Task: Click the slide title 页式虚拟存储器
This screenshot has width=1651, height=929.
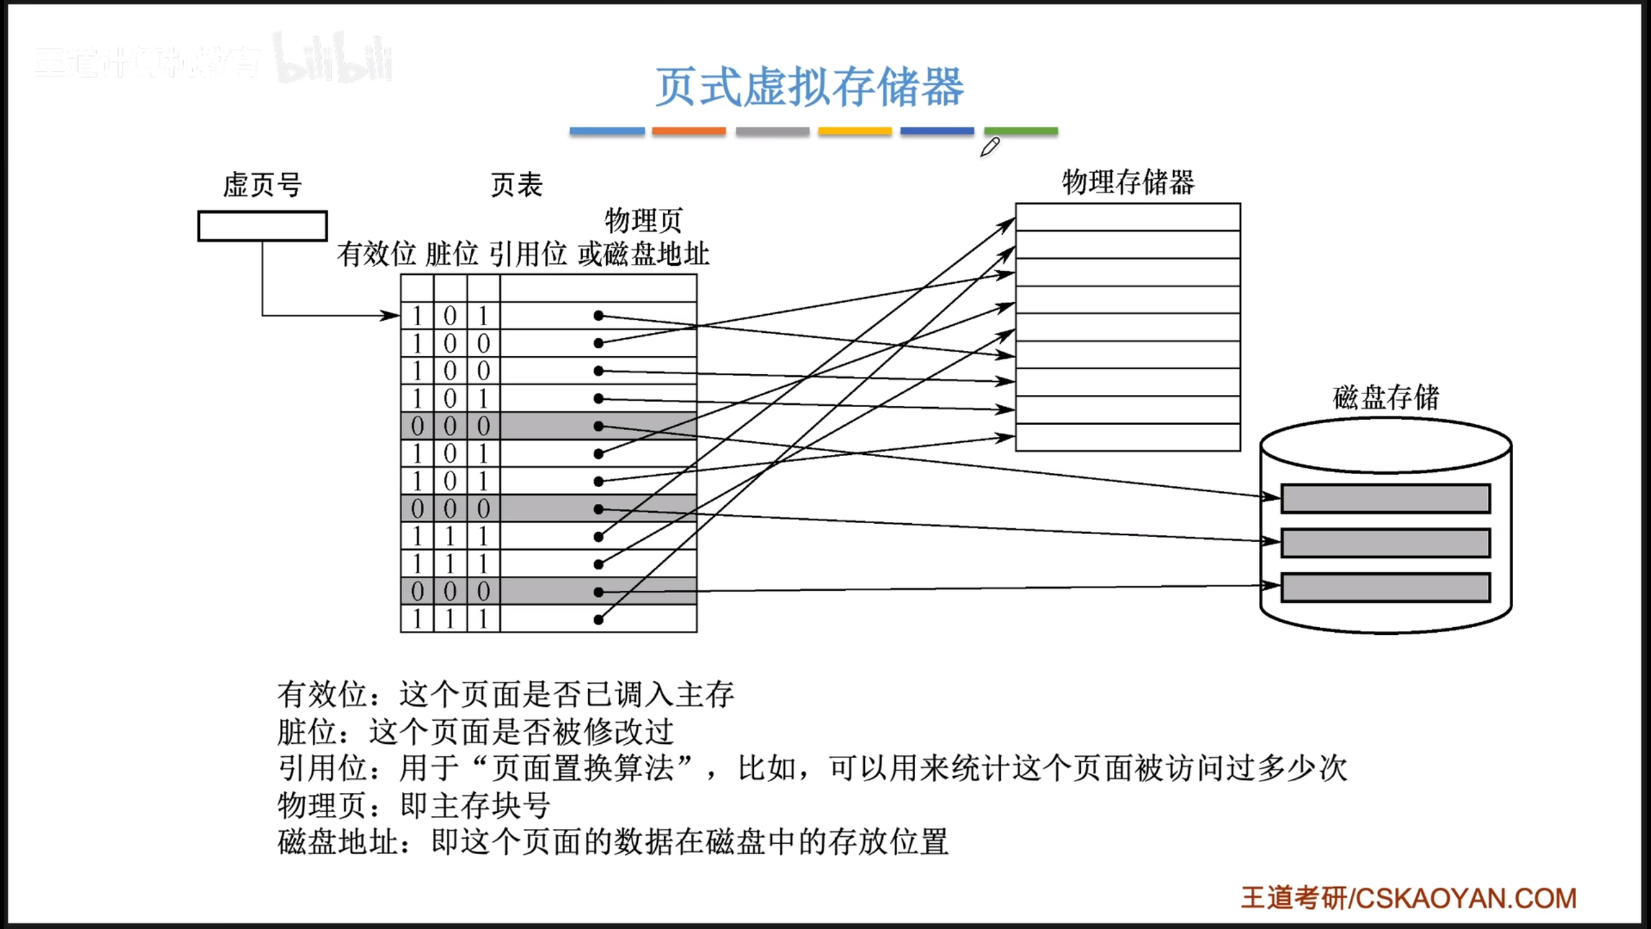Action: coord(809,87)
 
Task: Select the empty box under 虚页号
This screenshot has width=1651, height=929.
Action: coord(262,226)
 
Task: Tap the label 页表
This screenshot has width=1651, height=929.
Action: coord(517,185)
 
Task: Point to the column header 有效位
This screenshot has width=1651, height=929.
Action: coord(377,254)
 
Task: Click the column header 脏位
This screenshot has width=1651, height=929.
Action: coord(451,254)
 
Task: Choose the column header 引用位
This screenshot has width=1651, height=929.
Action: coord(528,254)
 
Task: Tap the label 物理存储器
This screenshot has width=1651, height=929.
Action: coord(1128,183)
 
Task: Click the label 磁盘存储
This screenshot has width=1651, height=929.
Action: coord(1386,397)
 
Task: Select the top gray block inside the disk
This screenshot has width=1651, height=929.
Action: coord(1385,499)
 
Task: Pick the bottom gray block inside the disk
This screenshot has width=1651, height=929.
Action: coord(1385,588)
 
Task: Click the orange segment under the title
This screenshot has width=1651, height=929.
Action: coord(689,131)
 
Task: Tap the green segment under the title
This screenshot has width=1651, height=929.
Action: coord(1021,131)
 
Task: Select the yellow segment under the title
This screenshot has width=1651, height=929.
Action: coord(855,131)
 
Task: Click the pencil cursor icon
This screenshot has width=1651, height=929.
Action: coord(989,147)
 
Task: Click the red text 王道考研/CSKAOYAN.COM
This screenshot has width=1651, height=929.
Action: coord(1409,898)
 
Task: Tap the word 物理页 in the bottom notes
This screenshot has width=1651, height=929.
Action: coord(322,805)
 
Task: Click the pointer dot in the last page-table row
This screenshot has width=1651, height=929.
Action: coord(598,619)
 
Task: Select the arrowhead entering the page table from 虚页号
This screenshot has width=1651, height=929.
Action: coord(391,315)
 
